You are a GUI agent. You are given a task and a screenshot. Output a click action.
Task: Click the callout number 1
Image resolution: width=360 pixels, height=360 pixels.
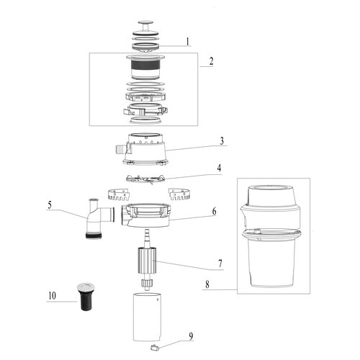188,42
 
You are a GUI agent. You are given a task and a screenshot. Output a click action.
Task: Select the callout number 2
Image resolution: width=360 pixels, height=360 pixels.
211,61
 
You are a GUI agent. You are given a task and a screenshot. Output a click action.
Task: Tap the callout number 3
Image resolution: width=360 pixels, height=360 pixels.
222,141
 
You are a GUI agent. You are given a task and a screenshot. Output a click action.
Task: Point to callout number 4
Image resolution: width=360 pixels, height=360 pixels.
219,168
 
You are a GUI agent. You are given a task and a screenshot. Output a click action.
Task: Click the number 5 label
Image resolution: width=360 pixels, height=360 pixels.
50,205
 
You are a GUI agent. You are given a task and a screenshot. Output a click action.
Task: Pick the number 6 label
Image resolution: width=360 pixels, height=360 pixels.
214,212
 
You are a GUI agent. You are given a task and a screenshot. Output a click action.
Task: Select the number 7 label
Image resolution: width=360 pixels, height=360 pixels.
220,264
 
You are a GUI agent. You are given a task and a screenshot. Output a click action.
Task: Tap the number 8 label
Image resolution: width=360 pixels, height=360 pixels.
207,284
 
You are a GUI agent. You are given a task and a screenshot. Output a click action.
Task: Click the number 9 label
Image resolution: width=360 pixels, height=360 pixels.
191,336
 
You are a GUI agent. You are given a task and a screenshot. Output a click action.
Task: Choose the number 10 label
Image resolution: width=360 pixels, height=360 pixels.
52,296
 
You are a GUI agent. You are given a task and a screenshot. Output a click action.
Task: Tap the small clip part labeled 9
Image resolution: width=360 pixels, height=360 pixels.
154,347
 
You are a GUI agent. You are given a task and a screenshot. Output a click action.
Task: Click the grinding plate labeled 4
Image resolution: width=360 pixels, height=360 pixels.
145,179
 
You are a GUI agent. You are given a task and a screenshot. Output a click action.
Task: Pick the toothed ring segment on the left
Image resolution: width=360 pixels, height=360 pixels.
120,194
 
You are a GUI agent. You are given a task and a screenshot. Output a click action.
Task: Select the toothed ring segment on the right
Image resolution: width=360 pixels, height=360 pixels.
180,194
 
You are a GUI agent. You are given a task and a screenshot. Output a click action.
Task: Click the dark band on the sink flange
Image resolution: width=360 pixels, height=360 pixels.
145,65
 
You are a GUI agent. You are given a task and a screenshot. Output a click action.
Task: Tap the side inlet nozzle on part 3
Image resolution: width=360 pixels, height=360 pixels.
120,149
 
